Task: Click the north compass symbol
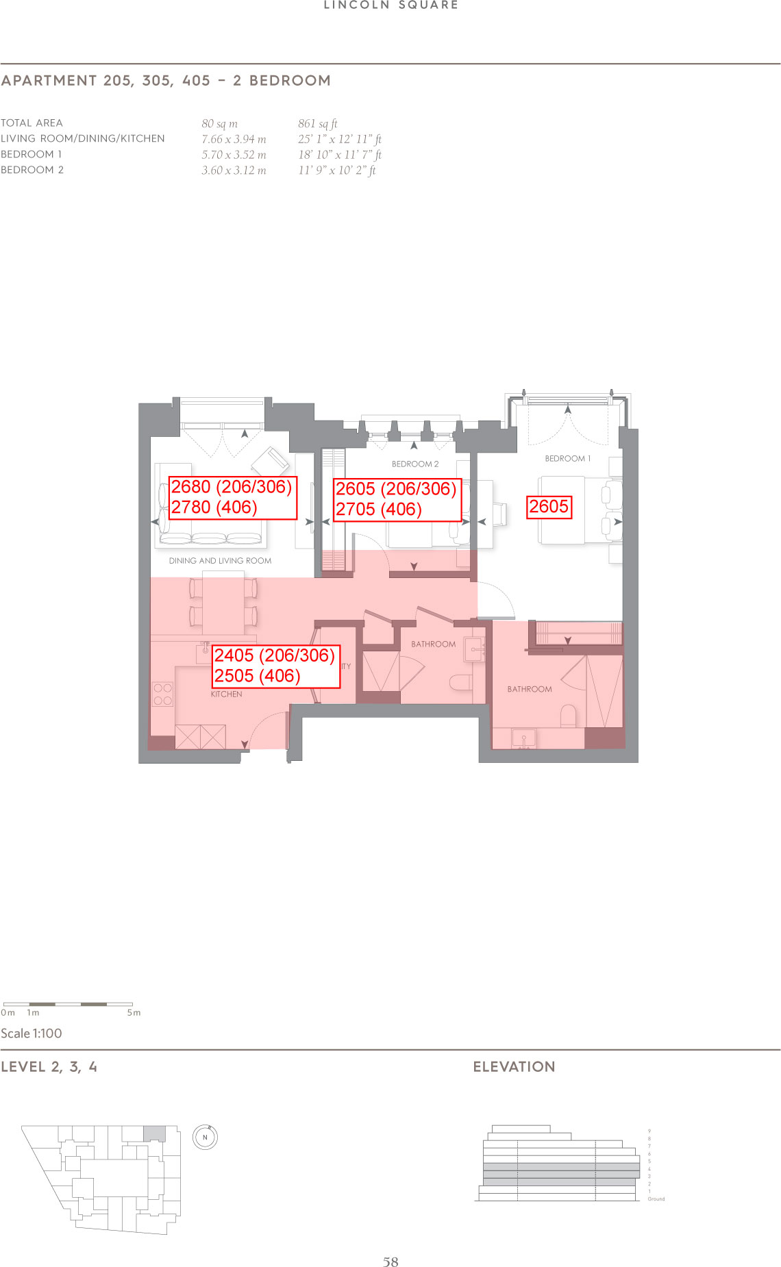point(205,1138)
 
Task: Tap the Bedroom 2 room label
point(415,464)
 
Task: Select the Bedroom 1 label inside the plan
point(567,459)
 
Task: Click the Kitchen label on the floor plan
point(226,694)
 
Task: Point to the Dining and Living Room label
point(220,561)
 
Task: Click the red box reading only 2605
point(549,507)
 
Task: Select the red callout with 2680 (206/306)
point(232,498)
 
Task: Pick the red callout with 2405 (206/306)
point(275,666)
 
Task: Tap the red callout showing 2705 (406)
point(397,500)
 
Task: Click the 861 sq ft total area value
point(317,124)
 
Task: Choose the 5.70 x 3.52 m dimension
point(234,155)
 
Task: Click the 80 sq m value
point(219,124)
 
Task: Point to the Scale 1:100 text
point(32,1033)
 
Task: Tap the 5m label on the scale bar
point(134,1013)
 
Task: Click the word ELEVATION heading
point(514,1066)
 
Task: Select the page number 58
point(390,1262)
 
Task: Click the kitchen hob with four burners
point(163,694)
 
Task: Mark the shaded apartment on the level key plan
point(154,1133)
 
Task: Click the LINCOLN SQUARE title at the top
point(391,5)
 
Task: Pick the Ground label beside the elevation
point(656,1199)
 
